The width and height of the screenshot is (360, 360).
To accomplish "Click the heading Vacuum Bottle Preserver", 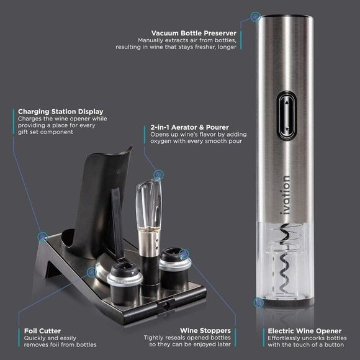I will [x=194, y=32].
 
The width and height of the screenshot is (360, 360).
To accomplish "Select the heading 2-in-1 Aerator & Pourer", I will [x=189, y=127].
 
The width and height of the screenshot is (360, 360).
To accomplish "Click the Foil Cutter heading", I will [x=42, y=331].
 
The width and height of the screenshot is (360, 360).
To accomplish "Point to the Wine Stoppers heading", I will [x=206, y=331].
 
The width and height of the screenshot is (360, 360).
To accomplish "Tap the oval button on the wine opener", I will [x=287, y=113].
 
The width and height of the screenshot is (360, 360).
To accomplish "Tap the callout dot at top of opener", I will [x=254, y=15].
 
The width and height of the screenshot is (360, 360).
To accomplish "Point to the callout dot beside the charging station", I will [x=43, y=236].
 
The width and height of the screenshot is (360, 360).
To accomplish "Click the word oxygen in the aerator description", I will [x=162, y=142].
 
